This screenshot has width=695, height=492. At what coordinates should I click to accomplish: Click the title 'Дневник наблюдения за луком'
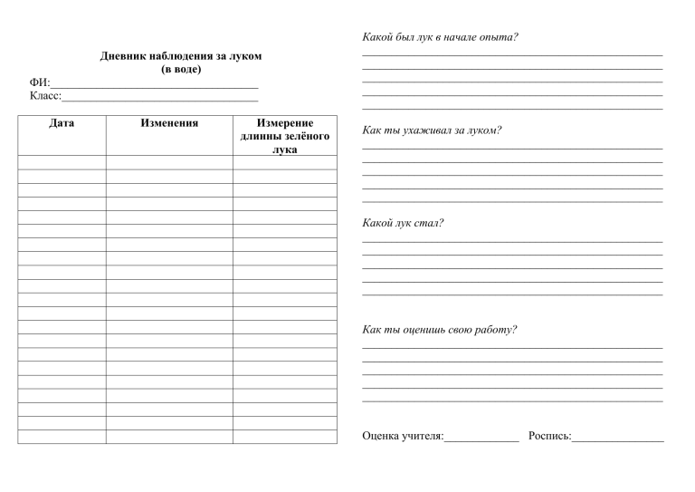click(180, 56)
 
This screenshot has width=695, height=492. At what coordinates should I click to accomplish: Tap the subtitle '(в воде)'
click(180, 69)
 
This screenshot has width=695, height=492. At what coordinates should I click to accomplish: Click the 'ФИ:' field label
click(40, 82)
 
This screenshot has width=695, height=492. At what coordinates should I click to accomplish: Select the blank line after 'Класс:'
click(160, 96)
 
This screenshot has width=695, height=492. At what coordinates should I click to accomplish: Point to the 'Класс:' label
click(45, 95)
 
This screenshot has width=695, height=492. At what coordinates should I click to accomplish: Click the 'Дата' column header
click(62, 122)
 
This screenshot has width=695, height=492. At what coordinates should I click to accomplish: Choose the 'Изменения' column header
click(169, 122)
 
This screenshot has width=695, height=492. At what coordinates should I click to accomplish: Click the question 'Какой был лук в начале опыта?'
click(439, 37)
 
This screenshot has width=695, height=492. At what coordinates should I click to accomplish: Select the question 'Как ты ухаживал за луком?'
click(431, 130)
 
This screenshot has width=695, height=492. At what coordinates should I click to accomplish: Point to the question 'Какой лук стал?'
click(402, 223)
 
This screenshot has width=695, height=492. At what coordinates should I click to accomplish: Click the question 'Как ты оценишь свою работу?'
click(439, 329)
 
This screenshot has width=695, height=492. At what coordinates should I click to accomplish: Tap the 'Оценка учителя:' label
click(402, 437)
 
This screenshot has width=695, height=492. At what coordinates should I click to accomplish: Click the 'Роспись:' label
click(548, 437)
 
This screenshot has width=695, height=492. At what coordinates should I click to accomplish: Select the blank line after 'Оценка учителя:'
click(481, 439)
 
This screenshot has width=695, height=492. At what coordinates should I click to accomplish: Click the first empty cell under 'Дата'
click(62, 163)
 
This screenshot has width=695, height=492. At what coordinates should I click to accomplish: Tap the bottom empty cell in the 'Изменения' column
click(169, 437)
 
